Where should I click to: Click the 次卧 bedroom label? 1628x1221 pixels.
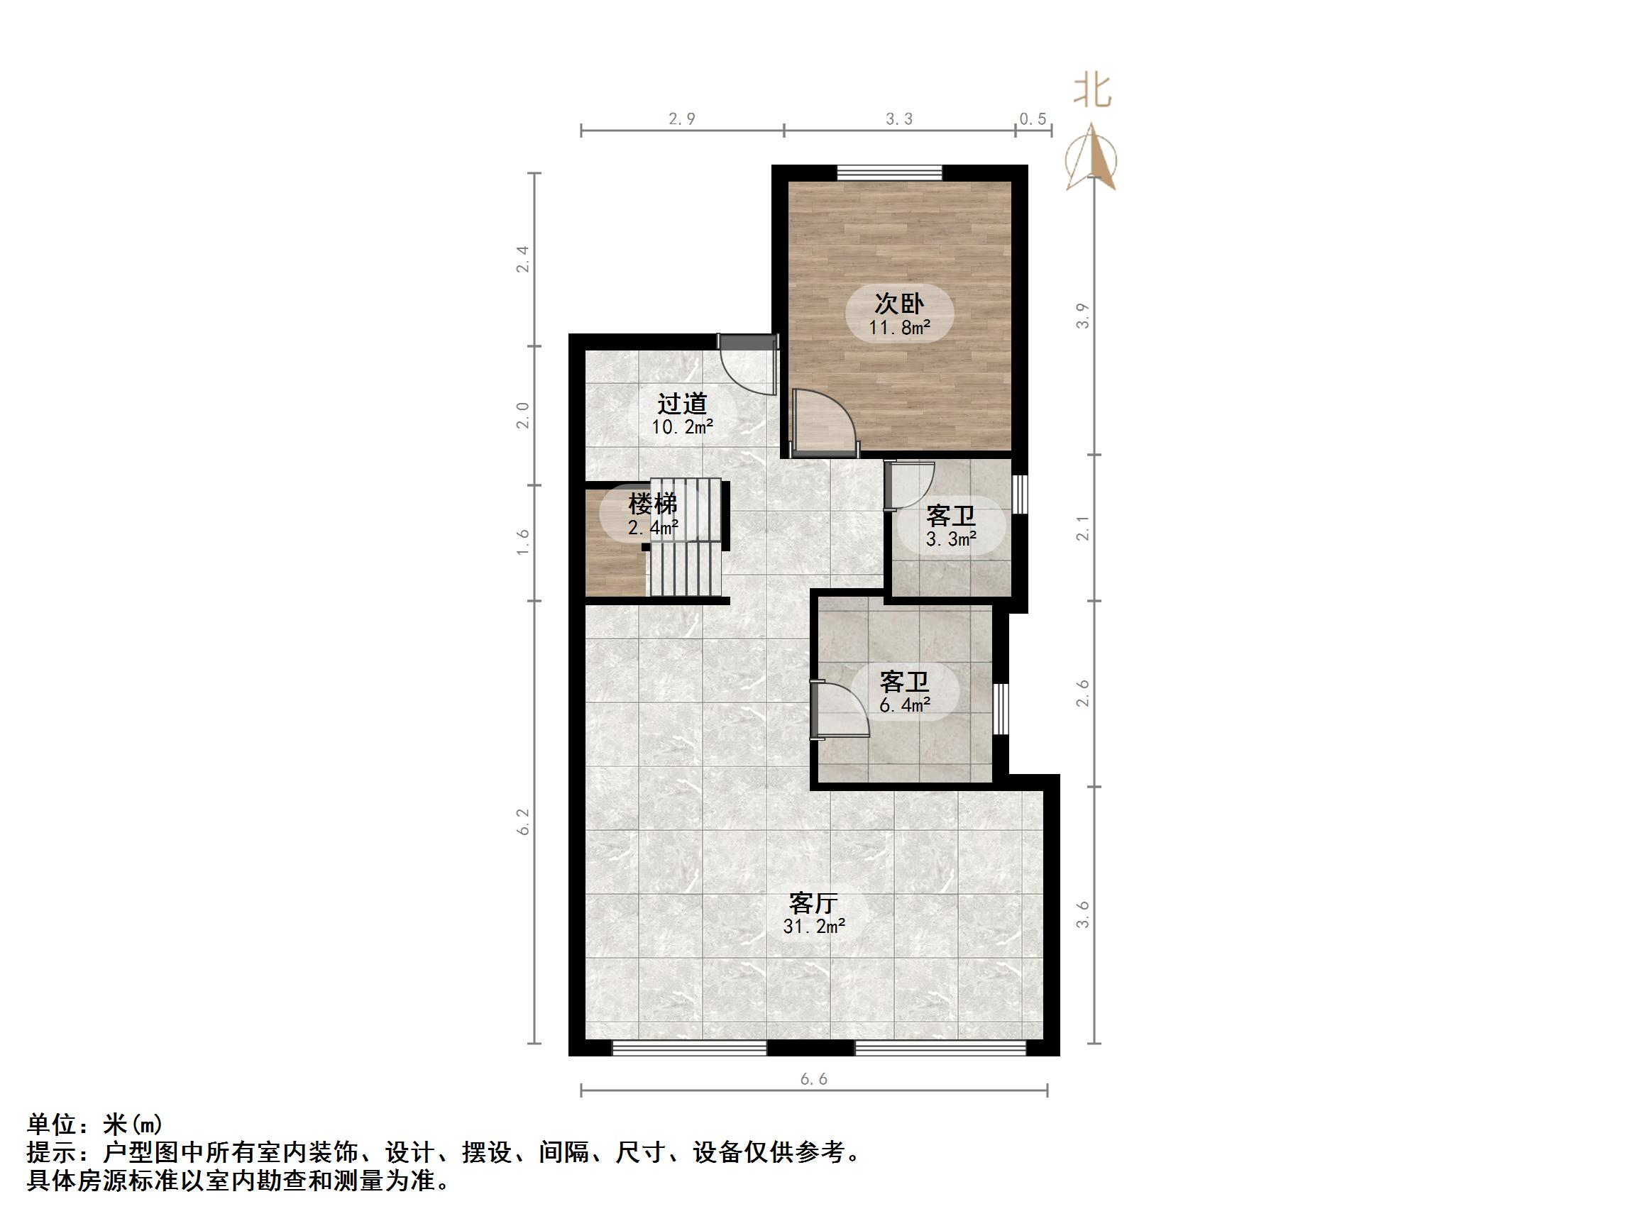[898, 302]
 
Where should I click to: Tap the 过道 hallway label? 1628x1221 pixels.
[681, 403]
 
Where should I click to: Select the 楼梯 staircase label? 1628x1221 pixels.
[652, 504]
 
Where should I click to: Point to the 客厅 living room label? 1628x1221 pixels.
[813, 902]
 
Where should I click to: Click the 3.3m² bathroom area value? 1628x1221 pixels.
[951, 539]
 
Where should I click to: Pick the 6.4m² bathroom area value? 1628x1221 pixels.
[905, 705]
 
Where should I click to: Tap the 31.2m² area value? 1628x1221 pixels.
[813, 926]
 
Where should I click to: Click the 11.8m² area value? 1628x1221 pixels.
[898, 328]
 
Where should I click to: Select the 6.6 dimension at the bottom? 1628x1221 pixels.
[813, 1079]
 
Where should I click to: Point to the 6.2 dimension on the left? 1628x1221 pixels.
[523, 822]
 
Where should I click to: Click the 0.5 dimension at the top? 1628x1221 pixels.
[1033, 119]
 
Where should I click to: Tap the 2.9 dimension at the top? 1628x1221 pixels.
[681, 119]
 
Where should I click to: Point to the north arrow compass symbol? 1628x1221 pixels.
[1091, 159]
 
